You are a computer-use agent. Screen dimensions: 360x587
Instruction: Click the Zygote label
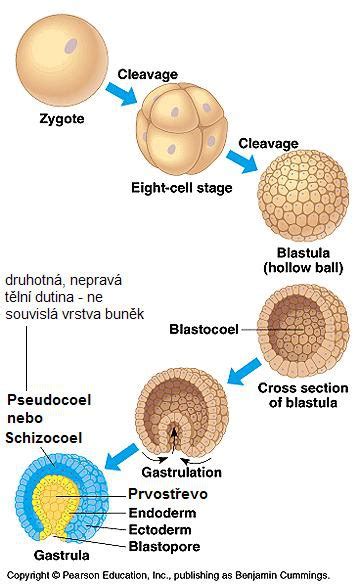62,119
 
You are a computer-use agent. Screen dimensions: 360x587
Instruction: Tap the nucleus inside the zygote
71,46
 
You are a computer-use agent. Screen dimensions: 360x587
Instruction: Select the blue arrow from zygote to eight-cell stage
121,94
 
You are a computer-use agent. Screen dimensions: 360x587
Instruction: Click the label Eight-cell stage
181,188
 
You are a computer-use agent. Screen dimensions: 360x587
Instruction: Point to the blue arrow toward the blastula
242,161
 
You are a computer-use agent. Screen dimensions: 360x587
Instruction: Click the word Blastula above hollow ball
303,253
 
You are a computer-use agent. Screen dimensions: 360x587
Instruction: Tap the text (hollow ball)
303,268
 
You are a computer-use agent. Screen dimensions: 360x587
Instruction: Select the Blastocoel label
204,329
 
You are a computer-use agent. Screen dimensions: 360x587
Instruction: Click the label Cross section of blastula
303,395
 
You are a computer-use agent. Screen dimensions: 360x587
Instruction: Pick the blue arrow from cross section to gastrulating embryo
244,371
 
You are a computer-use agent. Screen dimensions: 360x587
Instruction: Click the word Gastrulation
181,472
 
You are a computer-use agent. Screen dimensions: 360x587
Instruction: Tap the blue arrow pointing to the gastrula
122,456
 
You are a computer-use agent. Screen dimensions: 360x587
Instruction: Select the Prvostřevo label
168,494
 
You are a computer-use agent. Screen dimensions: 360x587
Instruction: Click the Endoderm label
162,513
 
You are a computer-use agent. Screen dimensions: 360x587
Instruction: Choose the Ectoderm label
160,529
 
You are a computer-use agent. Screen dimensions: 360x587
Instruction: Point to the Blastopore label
164,546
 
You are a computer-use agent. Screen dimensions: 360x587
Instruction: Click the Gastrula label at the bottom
62,555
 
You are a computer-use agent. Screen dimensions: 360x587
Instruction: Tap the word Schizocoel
43,438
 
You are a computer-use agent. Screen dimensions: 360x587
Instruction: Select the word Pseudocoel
49,399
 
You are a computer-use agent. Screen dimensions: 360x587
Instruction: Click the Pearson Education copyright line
169,575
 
